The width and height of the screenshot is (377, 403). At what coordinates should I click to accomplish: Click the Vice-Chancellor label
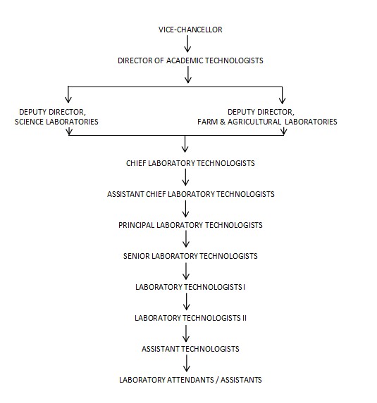point(190,30)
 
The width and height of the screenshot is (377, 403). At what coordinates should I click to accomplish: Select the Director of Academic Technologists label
point(190,60)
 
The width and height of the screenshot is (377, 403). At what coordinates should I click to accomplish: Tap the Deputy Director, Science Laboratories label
point(56,117)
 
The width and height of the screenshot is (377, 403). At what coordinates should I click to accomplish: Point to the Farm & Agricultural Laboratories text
point(267,122)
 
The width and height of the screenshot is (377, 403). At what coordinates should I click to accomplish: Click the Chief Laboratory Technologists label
point(190,163)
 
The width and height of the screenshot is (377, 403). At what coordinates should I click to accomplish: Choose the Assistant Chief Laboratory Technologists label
point(190,194)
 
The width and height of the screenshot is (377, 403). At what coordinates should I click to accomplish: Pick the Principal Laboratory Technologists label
point(190,225)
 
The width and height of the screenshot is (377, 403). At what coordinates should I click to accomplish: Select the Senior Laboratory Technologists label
point(190,256)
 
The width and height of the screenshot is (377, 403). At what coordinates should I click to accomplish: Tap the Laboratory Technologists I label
point(190,287)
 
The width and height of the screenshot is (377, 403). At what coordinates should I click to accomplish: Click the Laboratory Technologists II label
point(190,318)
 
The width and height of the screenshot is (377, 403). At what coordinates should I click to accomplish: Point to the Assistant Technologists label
point(190,349)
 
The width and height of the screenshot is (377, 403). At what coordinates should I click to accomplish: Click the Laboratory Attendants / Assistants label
point(190,380)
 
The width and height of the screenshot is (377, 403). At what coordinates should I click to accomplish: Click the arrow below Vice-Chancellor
point(187,44)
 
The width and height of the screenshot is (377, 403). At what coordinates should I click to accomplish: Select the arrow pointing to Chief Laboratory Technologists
point(185,144)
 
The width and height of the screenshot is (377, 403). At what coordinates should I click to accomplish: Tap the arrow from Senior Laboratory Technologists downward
point(186,271)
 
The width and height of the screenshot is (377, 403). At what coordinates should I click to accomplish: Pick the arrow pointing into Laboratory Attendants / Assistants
point(187,364)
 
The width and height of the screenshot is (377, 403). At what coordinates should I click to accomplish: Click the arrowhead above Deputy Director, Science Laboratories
point(68,100)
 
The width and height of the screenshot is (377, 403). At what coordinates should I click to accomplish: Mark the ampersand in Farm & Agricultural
point(223,122)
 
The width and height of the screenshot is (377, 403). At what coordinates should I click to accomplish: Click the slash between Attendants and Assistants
point(217,380)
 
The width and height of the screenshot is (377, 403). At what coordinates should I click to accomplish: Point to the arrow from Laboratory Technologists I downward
point(187,302)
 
